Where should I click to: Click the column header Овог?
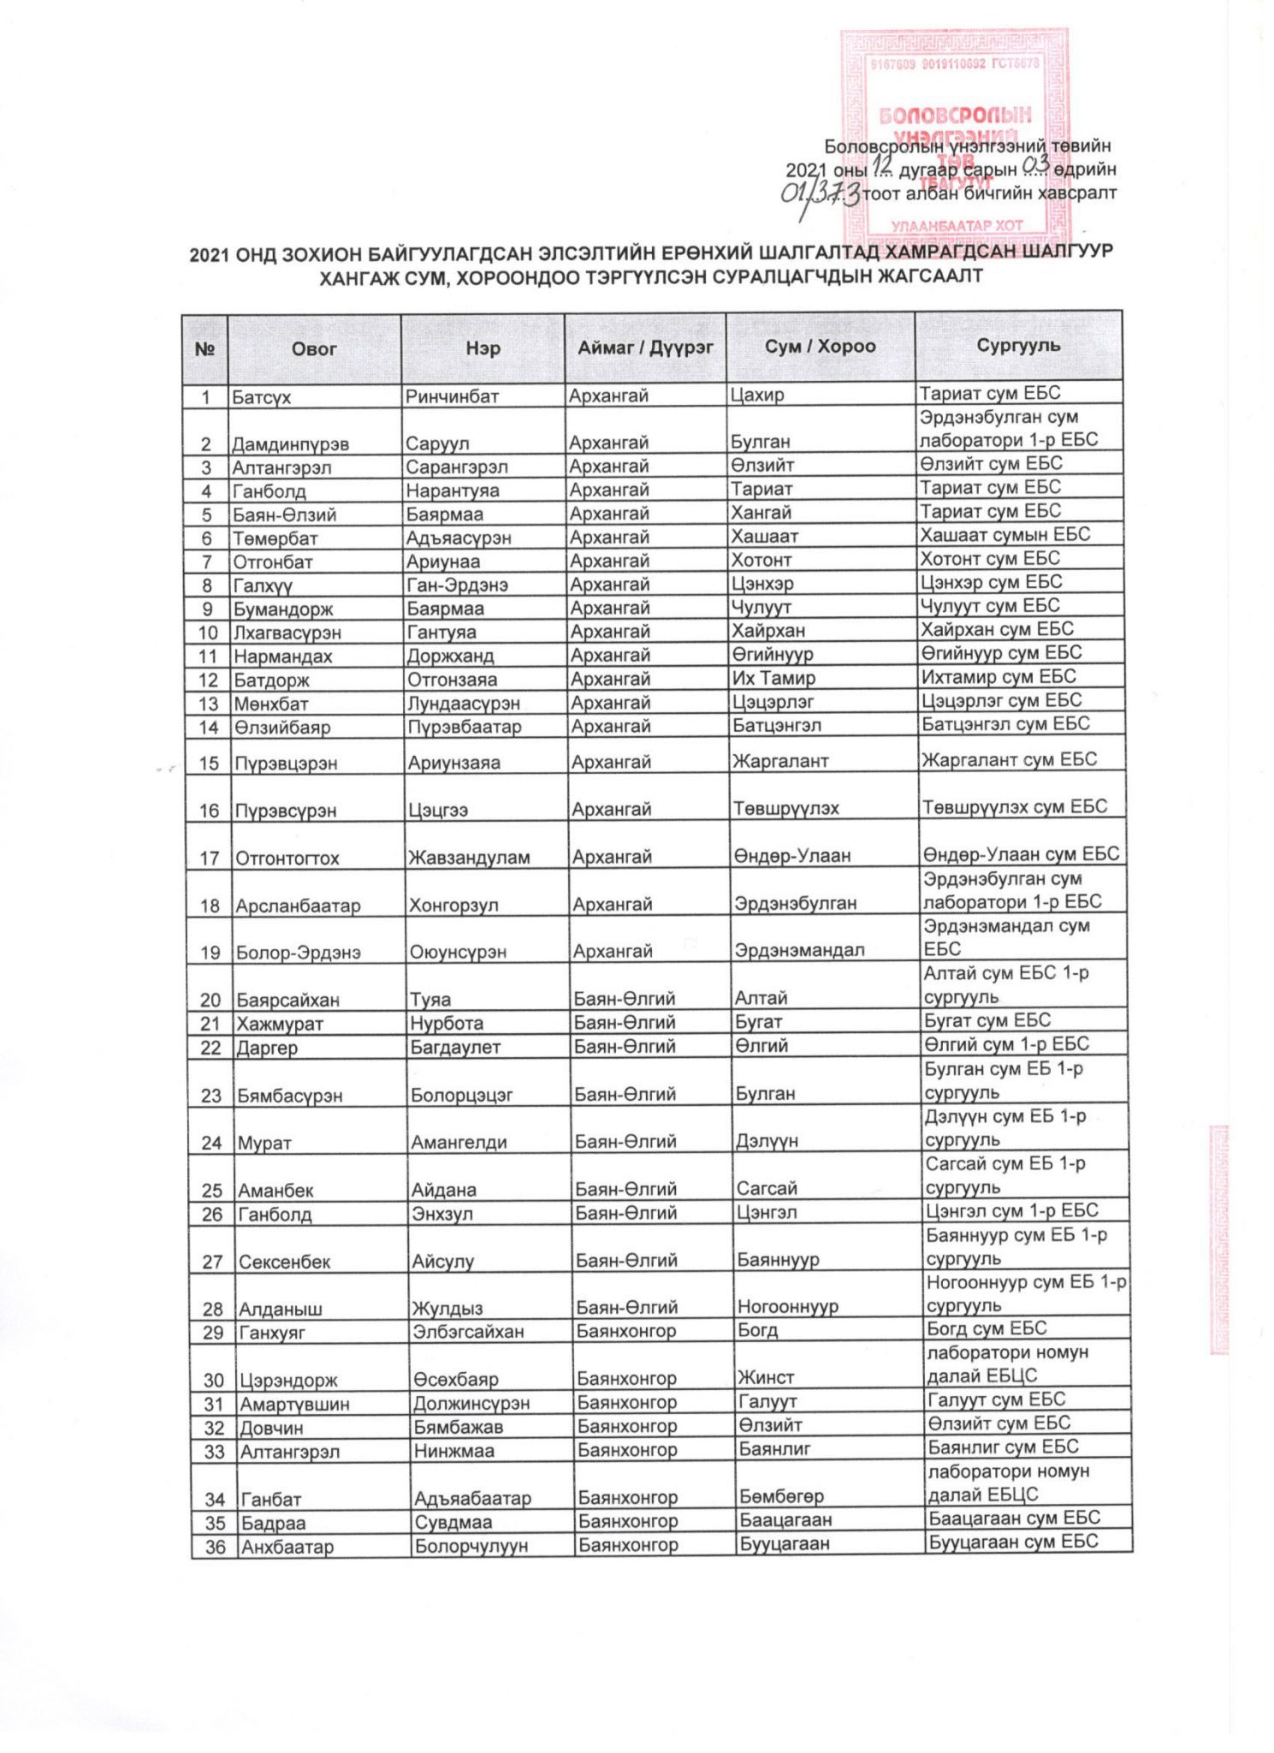click(x=314, y=348)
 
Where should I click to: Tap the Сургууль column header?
click(x=1018, y=346)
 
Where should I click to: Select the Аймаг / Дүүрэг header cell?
click(x=645, y=348)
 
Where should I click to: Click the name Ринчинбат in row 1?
click(x=452, y=396)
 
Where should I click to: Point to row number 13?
click(x=208, y=704)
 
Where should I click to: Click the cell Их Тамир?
click(x=773, y=679)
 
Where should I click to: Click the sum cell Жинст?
click(x=766, y=1378)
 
